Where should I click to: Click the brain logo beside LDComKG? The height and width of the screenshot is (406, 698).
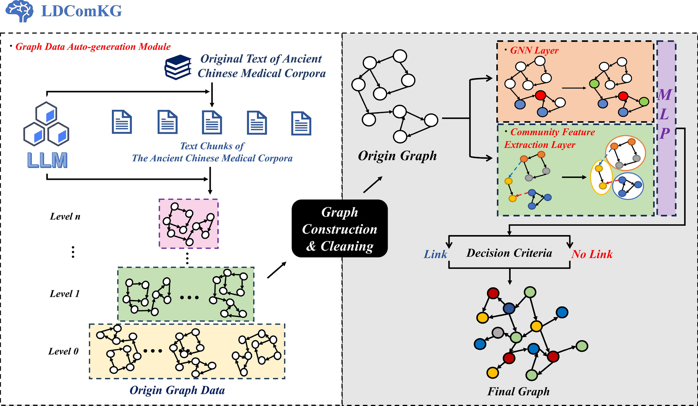tap(19, 11)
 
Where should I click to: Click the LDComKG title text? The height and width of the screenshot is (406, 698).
tap(82, 11)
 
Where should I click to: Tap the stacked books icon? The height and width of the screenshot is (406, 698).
tap(178, 67)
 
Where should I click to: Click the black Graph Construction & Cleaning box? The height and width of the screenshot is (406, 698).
tap(340, 229)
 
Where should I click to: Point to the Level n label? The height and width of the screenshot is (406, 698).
tap(65, 217)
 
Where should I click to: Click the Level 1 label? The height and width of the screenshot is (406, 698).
tap(64, 294)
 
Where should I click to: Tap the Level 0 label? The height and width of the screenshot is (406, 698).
tap(63, 351)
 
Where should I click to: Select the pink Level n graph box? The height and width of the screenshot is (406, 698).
tap(188, 224)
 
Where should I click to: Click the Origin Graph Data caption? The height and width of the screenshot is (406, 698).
tap(177, 390)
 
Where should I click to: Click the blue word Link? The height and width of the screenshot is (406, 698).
tap(435, 254)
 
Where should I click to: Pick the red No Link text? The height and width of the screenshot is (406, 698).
tap(592, 254)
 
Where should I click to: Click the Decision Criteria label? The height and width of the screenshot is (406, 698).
tap(509, 253)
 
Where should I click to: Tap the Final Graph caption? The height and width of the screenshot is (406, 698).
tap(518, 391)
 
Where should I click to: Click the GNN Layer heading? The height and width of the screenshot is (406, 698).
tap(534, 50)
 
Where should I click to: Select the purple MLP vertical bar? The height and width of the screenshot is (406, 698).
tap(666, 128)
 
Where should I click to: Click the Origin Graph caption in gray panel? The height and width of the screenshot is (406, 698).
tap(397, 156)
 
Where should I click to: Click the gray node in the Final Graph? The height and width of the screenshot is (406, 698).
tap(498, 333)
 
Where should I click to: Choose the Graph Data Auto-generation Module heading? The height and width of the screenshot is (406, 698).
tap(93, 47)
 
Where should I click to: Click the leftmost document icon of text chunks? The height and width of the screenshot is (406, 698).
tap(122, 122)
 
